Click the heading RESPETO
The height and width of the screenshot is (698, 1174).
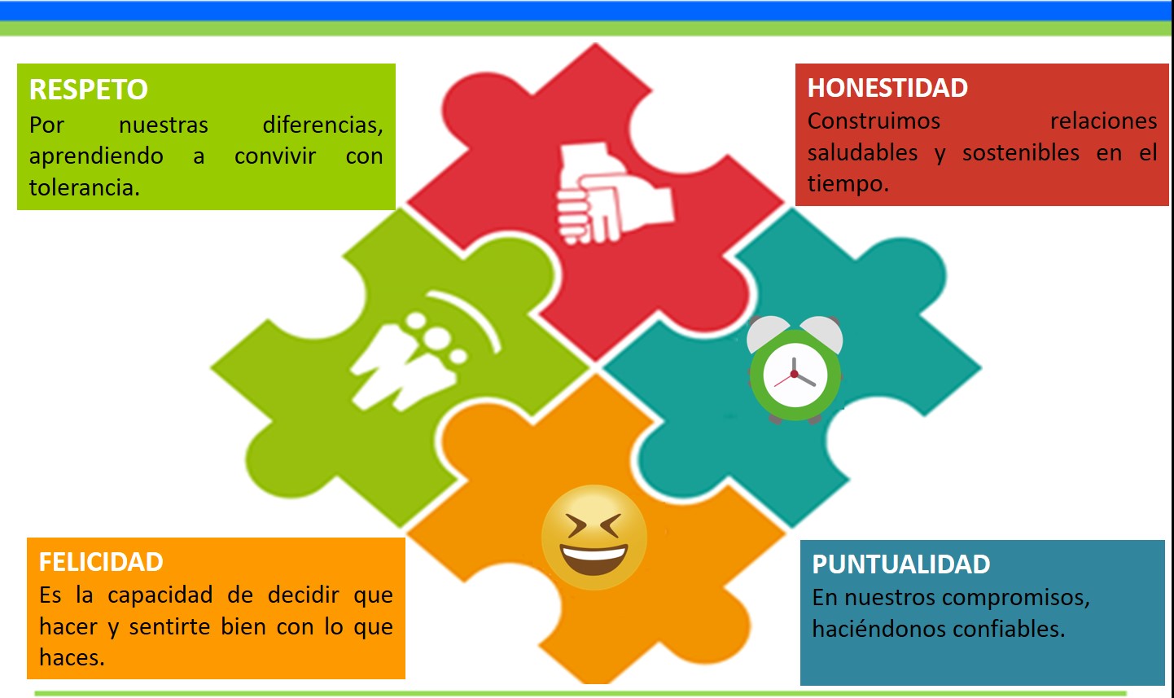point(89,89)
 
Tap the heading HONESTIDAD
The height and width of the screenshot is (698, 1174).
point(887,88)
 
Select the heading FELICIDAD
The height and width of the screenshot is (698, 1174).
point(101,562)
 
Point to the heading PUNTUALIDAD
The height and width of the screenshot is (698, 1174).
point(901,564)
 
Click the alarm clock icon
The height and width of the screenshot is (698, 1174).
point(795,369)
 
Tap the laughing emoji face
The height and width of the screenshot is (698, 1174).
point(594,537)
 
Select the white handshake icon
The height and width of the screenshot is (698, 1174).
point(613,193)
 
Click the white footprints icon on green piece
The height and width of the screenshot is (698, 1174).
point(424,350)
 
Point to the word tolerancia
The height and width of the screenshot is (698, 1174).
point(85,188)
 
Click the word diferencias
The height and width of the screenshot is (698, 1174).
point(323,125)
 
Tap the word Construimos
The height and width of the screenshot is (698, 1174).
point(874,121)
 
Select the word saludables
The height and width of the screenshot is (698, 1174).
point(863,152)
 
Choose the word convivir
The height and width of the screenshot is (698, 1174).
point(275,156)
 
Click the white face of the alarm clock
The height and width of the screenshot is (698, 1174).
point(795,375)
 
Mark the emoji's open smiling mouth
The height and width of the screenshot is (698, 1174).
point(594,559)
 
